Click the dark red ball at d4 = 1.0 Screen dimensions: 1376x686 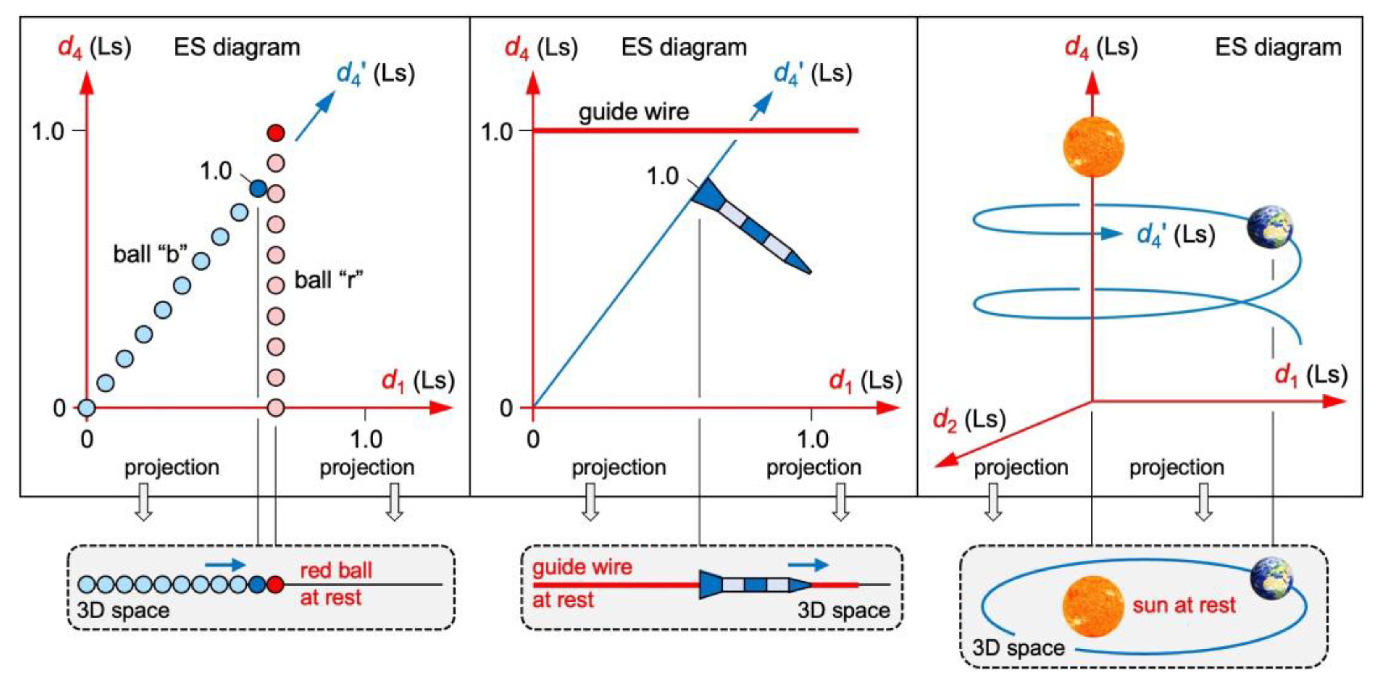coord(275,133)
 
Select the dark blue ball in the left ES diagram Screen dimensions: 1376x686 coord(258,188)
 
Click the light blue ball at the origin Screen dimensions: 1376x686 coord(86,408)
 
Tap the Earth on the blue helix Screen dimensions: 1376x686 coord(1270,226)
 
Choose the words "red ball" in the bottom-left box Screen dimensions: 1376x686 coord(336,570)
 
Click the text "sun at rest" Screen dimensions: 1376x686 coord(1184,605)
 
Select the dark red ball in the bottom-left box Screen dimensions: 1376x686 coord(275,584)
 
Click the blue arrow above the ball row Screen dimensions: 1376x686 coord(225,565)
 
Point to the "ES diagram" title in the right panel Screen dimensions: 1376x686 coord(1278,47)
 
